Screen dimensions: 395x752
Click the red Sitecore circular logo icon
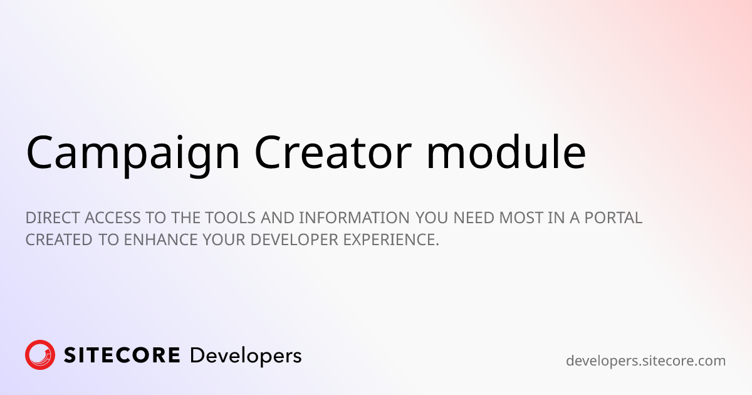tap(40, 355)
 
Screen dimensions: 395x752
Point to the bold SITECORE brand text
tap(122, 355)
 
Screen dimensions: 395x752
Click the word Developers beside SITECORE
tap(245, 356)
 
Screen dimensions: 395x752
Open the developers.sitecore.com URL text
tap(645, 361)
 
